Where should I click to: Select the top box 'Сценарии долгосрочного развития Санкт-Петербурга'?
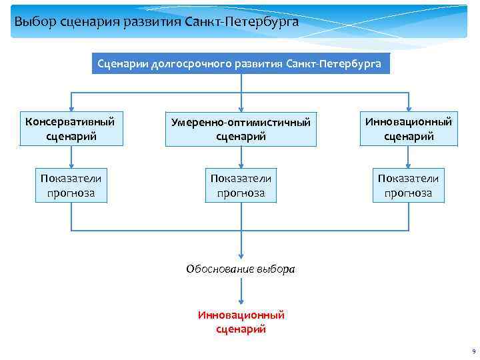pyautogui.click(x=239, y=64)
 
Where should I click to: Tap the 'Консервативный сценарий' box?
pyautogui.click(x=70, y=129)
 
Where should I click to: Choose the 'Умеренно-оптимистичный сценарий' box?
pyautogui.click(x=241, y=129)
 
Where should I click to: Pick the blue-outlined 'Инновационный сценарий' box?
pyautogui.click(x=408, y=129)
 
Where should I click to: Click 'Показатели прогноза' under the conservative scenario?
pyautogui.click(x=71, y=186)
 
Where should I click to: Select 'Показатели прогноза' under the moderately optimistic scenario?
pyautogui.click(x=241, y=186)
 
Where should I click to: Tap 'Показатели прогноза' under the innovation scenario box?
pyautogui.click(x=408, y=186)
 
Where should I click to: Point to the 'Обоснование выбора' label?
pyautogui.click(x=240, y=270)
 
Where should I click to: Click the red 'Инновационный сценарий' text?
pyautogui.click(x=241, y=321)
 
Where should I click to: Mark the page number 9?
pyautogui.click(x=473, y=351)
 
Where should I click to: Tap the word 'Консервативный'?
pyautogui.click(x=70, y=122)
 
